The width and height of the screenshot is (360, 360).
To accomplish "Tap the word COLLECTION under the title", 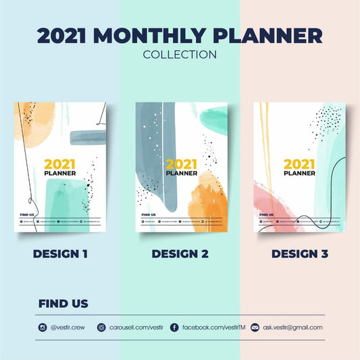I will (180, 55).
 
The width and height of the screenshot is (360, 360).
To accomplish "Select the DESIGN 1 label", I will (60, 254).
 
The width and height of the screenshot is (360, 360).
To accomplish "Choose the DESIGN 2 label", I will (180, 254).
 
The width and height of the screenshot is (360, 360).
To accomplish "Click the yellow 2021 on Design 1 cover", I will (59, 163).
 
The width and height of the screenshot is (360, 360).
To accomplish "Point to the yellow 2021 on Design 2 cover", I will (182, 163).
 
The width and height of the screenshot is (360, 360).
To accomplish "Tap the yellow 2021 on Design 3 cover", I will (299, 163).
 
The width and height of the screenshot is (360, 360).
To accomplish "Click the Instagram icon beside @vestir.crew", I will (43, 328).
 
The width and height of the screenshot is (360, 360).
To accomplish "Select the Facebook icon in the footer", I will (174, 328).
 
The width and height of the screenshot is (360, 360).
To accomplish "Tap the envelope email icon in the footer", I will (255, 328).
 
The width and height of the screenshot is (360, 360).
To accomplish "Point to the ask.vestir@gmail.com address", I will (292, 328).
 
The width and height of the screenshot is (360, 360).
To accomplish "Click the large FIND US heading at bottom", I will (63, 304).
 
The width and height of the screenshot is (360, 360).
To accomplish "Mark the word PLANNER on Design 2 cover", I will (182, 173).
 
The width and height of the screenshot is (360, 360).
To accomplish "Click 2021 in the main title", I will (61, 36).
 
